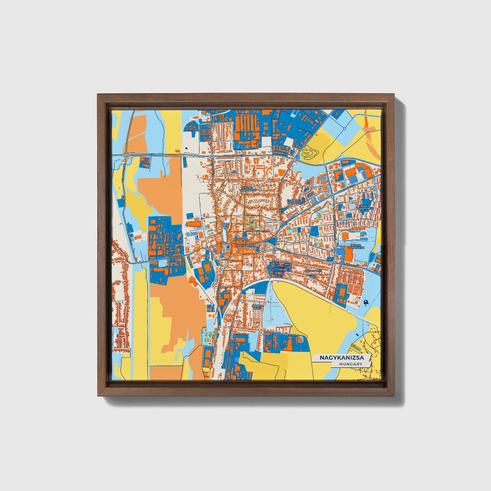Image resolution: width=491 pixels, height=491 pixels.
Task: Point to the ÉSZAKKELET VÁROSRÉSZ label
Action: [x=296, y=202]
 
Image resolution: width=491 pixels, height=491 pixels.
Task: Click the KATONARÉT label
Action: [x=313, y=271]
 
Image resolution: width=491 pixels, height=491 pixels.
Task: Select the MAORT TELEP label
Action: [x=257, y=307]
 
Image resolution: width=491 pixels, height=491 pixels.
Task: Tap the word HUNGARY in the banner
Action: [x=350, y=364]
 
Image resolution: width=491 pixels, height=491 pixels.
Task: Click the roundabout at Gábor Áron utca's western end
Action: [x=126, y=155]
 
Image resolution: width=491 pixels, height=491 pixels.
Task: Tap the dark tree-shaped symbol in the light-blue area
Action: [x=366, y=302]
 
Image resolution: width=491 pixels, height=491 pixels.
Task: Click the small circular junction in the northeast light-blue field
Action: [x=344, y=128]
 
